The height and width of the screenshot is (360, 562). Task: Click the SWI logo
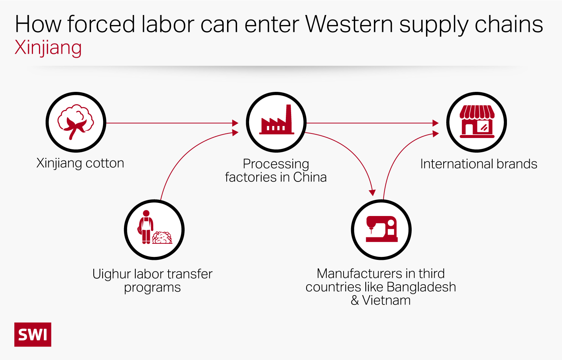click(33, 334)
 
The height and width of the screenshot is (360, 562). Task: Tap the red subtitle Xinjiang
click(48, 48)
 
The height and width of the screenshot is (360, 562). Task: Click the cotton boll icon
click(76, 122)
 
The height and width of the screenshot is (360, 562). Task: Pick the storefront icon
click(477, 122)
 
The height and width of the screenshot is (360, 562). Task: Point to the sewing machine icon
click(381, 229)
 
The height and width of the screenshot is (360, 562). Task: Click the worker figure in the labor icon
click(146, 227)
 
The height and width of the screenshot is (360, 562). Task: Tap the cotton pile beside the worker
click(162, 238)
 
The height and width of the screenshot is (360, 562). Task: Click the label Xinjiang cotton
click(80, 163)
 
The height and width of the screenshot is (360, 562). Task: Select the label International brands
click(478, 164)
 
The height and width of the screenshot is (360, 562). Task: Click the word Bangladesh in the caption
click(421, 287)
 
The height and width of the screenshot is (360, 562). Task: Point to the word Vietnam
click(386, 300)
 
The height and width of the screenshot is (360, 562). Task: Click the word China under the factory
click(310, 177)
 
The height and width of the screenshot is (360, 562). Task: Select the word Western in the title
click(349, 24)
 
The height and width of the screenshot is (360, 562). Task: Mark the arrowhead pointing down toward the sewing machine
click(372, 193)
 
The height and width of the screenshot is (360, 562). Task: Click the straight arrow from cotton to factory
click(170, 123)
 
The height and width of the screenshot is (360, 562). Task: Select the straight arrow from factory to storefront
click(371, 123)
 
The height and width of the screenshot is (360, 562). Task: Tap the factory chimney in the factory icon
click(289, 116)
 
